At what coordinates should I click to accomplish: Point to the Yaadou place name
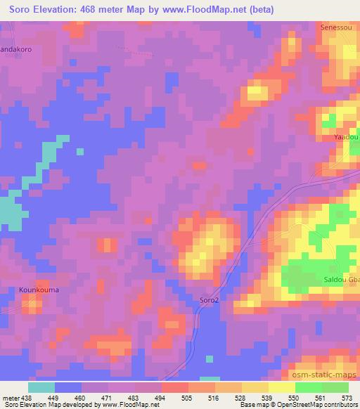(x=347, y=136)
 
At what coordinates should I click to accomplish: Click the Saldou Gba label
(x=342, y=280)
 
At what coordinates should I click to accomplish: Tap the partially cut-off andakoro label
(x=17, y=51)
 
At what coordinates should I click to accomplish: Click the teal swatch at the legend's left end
(x=41, y=387)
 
